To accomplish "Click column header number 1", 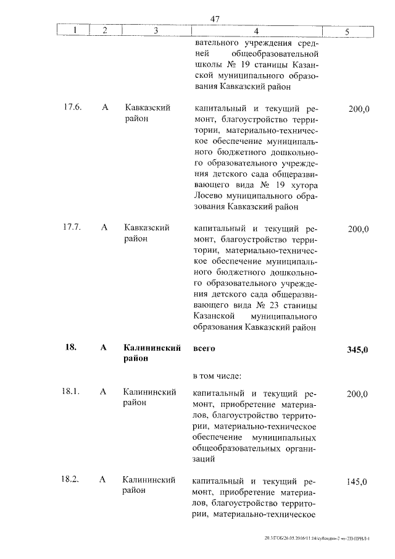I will [x=74, y=30].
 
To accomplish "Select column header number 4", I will [x=256, y=30].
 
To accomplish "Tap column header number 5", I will [x=347, y=30].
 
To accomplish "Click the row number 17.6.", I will [x=72, y=107].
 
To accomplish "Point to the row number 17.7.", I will [x=72, y=228].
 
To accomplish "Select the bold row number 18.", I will [x=70, y=348].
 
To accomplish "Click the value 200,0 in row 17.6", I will [x=359, y=109].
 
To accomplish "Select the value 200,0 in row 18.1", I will [x=359, y=393].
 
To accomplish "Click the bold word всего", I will [x=204, y=348].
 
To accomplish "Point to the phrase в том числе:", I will [x=217, y=376].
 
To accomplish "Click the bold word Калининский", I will [x=152, y=348].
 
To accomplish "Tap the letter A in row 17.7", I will [x=104, y=228].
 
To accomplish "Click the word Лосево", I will [x=210, y=196].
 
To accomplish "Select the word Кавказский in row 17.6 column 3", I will [x=148, y=107].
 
